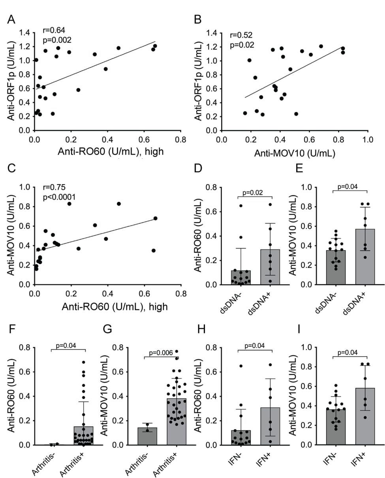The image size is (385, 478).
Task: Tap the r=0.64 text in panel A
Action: coord(54,30)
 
